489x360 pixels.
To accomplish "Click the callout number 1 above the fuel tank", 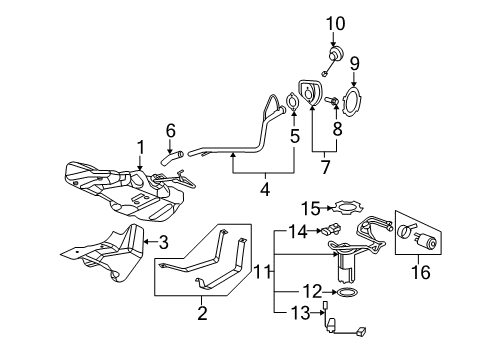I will click(x=140, y=145).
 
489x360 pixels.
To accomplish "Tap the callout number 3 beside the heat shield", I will click(x=164, y=241).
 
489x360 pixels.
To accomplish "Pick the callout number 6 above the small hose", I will click(x=170, y=130).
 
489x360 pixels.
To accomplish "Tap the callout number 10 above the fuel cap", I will click(x=333, y=21).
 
